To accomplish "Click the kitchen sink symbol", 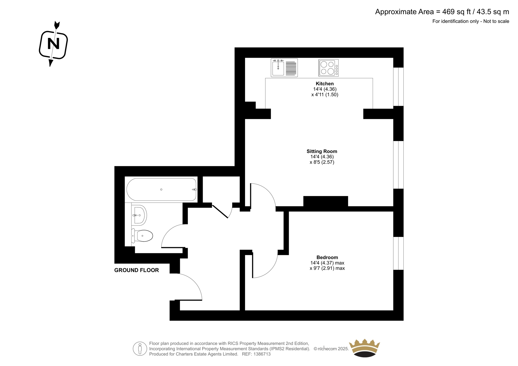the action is click(x=284, y=68).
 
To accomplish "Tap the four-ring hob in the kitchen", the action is click(x=329, y=68).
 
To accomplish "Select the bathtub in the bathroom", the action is click(x=161, y=189).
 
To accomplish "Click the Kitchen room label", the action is click(x=325, y=84).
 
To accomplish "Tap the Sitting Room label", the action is click(x=322, y=151).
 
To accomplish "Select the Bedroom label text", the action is click(x=327, y=257).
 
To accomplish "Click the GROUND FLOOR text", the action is click(x=136, y=270).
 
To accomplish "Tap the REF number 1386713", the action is click(x=262, y=354).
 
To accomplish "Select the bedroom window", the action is click(x=399, y=253).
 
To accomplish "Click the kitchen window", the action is click(x=399, y=87).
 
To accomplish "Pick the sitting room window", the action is click(x=399, y=165).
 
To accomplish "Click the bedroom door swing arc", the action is click(x=271, y=271).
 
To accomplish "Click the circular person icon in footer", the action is click(x=140, y=349).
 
